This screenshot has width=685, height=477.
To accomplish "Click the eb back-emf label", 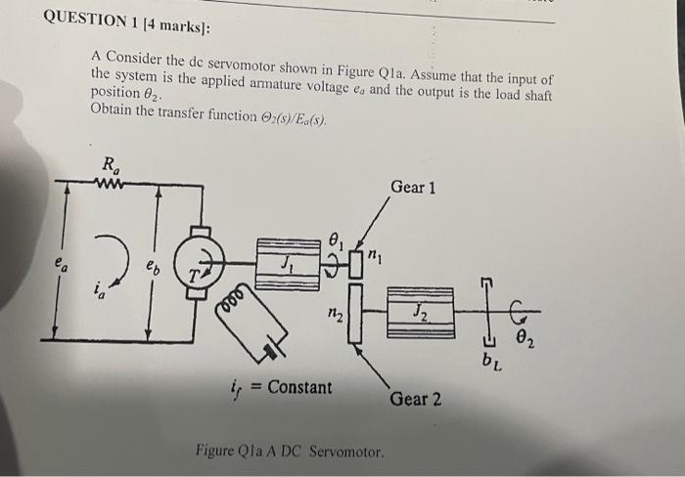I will [154, 265].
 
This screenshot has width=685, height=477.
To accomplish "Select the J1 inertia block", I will [289, 263].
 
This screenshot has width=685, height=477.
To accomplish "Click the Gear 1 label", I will [412, 186].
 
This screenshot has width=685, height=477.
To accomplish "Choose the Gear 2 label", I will [415, 399].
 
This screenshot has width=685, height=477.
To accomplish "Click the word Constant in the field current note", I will [299, 387].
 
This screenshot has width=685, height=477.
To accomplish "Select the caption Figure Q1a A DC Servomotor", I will [290, 452].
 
